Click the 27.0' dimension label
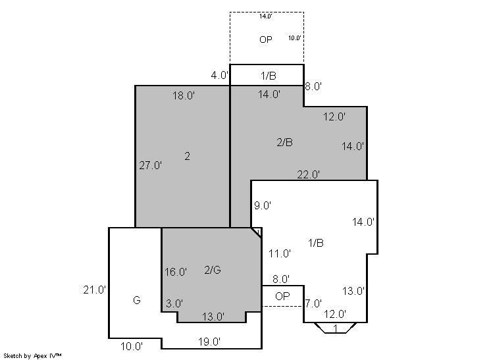150,165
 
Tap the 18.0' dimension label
184,95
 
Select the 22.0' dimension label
309,174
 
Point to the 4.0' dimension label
220,76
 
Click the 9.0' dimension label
263,206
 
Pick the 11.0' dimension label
280,253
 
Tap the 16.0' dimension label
176,272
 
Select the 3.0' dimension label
174,303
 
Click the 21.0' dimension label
95,290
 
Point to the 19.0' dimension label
209,342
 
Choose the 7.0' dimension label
313,303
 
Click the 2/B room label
284,142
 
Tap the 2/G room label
213,270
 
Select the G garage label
137,301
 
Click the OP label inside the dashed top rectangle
266,39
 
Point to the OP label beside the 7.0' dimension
282,296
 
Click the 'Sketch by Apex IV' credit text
32,356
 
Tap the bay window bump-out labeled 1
336,328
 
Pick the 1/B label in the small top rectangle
269,76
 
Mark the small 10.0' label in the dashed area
295,38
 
